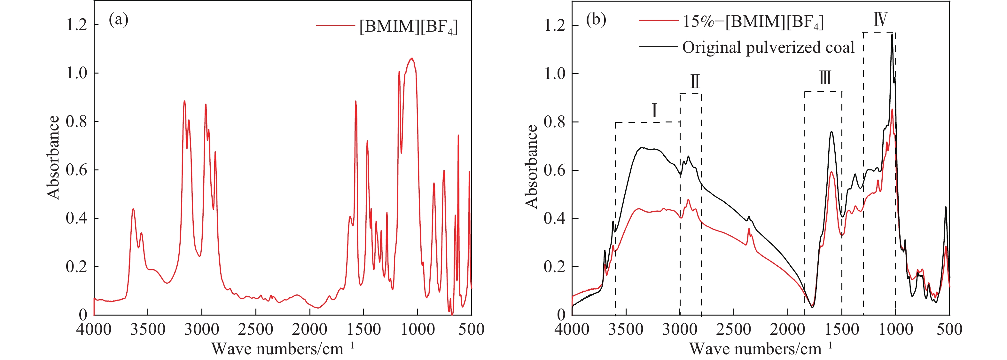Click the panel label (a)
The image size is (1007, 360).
coord(119,20)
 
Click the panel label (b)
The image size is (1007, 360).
coord(596,20)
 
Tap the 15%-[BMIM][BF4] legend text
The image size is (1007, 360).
coord(753,22)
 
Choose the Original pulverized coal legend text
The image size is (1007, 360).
coord(768,47)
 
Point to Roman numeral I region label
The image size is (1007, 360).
coord(654,111)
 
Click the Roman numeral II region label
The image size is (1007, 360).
coord(695,81)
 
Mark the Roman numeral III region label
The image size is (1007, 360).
coord(825,78)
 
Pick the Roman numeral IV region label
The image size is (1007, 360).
coord(880,19)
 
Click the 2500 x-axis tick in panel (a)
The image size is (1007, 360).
coord(256,329)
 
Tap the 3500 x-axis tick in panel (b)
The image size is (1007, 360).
coord(626,329)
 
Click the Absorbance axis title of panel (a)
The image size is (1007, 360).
coord(53,158)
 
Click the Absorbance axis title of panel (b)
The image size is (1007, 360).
coord(531,167)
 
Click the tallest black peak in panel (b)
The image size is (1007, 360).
coord(892,35)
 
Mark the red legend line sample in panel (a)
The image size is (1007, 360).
coord(335,26)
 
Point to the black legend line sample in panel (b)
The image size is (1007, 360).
coord(658,47)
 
